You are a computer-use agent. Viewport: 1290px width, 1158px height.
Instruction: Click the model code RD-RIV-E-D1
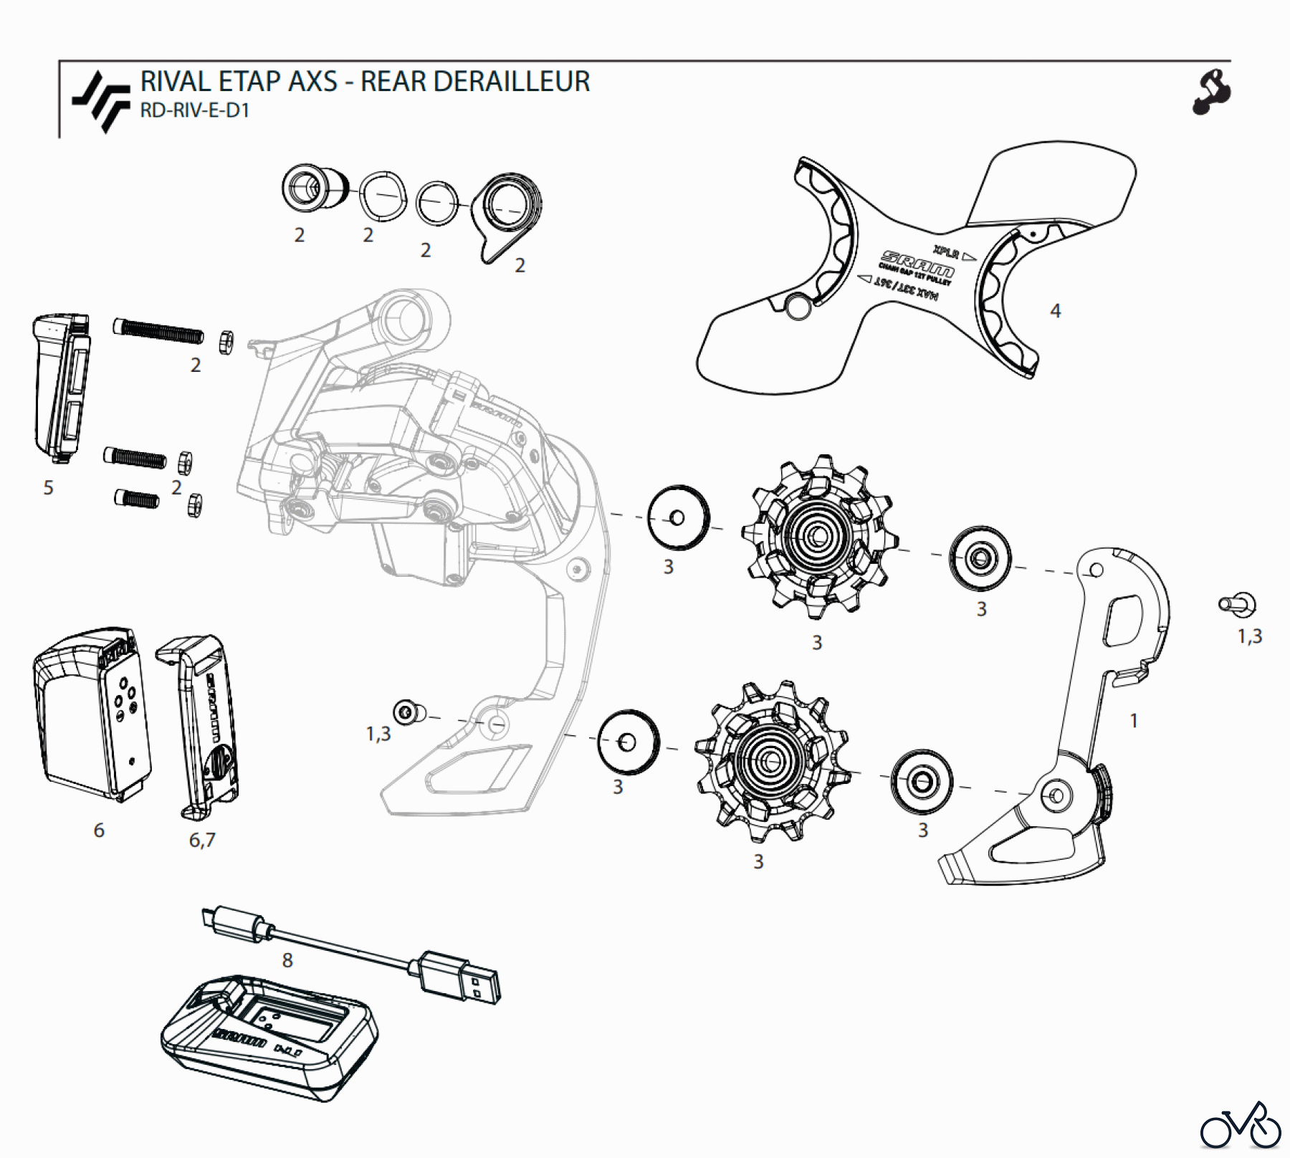coord(194,111)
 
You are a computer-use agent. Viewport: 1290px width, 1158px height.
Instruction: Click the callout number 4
coord(1055,311)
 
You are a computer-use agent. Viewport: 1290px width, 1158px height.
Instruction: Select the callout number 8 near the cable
coord(287,960)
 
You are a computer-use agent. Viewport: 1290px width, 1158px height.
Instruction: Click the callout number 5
coord(48,488)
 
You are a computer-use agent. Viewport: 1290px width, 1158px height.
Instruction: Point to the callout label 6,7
coord(202,840)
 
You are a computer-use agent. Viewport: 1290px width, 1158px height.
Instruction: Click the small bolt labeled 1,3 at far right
coord(1238,605)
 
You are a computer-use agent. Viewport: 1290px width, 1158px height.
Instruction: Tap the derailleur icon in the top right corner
coord(1211,92)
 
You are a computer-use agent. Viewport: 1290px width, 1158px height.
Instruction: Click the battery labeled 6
coord(91,717)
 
